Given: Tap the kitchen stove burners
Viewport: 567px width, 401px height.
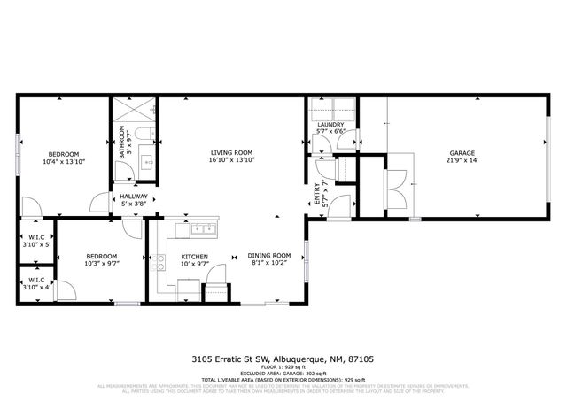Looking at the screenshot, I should tap(161, 262).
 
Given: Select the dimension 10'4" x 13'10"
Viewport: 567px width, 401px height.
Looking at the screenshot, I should tap(63, 162).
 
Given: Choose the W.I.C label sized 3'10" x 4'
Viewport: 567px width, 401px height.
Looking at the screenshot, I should tap(36, 285).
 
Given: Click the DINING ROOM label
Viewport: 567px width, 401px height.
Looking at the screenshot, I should tap(268, 254).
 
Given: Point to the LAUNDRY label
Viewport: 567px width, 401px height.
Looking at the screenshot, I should tap(330, 125).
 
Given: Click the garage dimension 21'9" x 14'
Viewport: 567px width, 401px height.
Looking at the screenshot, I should tap(461, 162).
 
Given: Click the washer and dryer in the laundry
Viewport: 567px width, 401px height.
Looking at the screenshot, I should tap(331, 109).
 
